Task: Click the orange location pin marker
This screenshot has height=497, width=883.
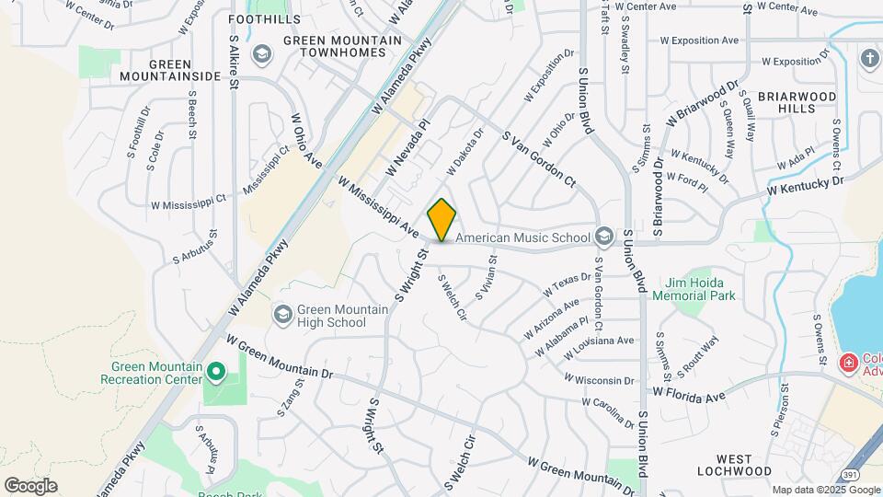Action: point(441,220)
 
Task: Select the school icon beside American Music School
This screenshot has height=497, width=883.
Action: point(603,237)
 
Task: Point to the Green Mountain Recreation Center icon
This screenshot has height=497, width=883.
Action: point(216,372)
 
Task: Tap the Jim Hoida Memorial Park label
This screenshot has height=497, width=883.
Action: point(701,289)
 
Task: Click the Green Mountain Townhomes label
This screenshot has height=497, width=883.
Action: point(342,47)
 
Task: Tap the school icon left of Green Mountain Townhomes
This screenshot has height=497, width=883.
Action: point(262,54)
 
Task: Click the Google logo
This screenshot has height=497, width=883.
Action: point(30,485)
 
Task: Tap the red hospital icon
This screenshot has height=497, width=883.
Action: point(846,364)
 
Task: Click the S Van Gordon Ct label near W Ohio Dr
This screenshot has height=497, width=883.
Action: point(538,159)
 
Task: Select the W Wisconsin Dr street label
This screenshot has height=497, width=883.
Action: point(599,379)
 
